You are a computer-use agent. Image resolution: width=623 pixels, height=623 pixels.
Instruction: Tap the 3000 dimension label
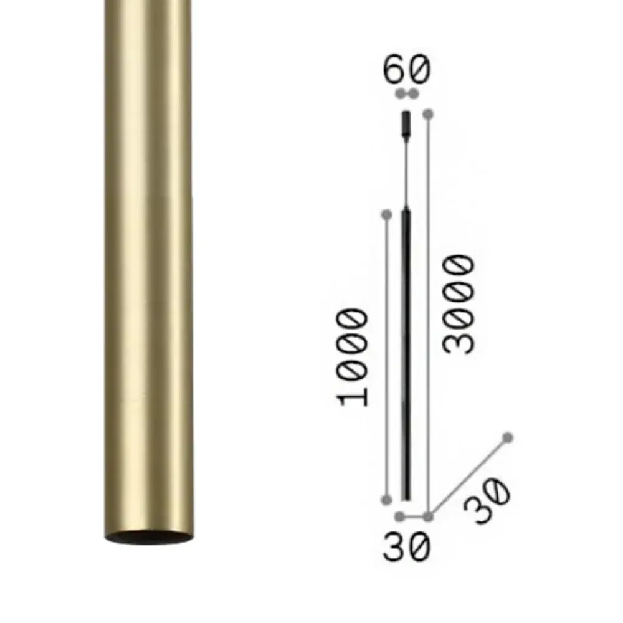click(x=459, y=304)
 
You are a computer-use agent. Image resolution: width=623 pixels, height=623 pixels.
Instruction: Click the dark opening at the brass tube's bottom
click(x=148, y=538)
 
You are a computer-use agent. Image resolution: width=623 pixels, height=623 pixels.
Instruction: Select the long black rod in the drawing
click(x=406, y=355)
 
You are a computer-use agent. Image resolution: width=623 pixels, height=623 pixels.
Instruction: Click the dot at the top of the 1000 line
click(x=386, y=215)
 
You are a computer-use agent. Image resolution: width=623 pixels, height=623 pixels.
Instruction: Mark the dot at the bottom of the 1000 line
click(x=386, y=499)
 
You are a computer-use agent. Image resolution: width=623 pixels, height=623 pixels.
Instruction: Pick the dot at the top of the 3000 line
click(x=428, y=114)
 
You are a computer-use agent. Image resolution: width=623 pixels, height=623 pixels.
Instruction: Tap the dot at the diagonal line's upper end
click(x=508, y=438)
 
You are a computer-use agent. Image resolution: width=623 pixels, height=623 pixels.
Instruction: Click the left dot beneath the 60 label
click(x=400, y=94)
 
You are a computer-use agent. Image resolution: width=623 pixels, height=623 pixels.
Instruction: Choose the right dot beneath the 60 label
click(x=413, y=94)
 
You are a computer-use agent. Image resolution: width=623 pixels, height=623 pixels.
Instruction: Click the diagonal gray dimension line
click(x=467, y=477)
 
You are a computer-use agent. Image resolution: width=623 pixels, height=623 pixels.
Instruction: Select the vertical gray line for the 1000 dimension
click(x=386, y=355)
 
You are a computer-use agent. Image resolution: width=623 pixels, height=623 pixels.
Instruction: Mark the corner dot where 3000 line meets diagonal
click(x=428, y=516)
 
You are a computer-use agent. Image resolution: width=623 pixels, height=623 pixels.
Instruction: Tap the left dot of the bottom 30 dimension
click(x=400, y=516)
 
